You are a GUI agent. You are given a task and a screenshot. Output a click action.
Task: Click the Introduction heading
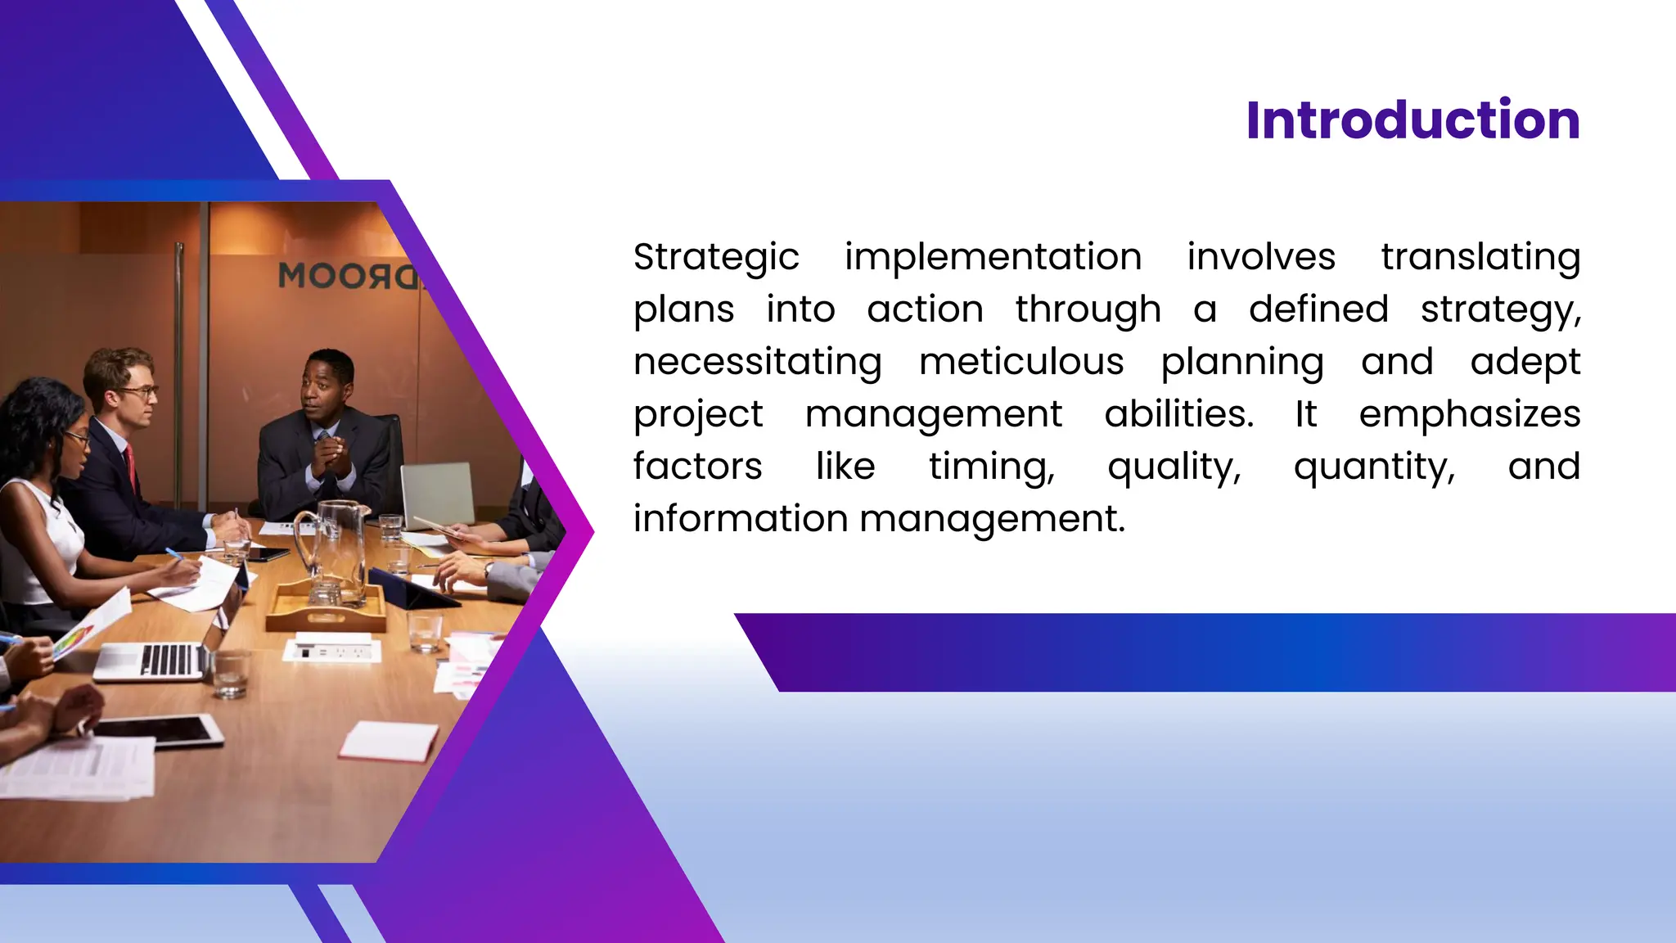pos(1412,120)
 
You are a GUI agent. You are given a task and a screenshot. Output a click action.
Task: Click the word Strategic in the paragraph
pos(716,258)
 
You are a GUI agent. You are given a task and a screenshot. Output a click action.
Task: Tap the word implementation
pos(993,258)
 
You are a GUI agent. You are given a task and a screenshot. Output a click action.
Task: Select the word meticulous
pos(1021,363)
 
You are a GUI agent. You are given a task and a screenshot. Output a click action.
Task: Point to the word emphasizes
pos(1470,415)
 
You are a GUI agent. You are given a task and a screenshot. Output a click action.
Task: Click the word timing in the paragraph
pos(991,467)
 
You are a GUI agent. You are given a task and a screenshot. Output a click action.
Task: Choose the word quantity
pos(1374,467)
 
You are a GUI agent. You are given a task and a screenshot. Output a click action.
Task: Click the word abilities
pos(1178,414)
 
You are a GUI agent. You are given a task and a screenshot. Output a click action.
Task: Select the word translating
pos(1480,258)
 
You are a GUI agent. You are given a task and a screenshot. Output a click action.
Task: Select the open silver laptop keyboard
pos(167,660)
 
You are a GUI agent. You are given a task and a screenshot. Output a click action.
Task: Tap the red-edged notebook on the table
pos(390,742)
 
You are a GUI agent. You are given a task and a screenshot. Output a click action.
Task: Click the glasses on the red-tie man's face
pos(137,392)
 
